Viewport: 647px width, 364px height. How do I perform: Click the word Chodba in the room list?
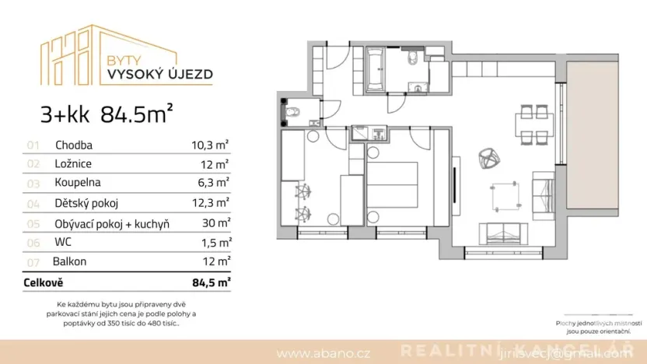(x=73, y=145)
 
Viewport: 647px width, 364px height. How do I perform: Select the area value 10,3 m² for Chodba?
(x=209, y=145)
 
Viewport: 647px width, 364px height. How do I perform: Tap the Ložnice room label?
(x=74, y=164)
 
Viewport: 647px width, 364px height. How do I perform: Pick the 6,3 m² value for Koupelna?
(x=212, y=184)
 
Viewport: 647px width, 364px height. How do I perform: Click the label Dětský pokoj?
(x=86, y=203)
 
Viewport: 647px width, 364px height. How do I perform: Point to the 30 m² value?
(x=215, y=223)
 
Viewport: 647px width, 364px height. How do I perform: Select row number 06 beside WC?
(x=33, y=243)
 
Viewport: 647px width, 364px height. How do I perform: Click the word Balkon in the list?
(x=71, y=261)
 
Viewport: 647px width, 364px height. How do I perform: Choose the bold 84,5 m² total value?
(x=210, y=282)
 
